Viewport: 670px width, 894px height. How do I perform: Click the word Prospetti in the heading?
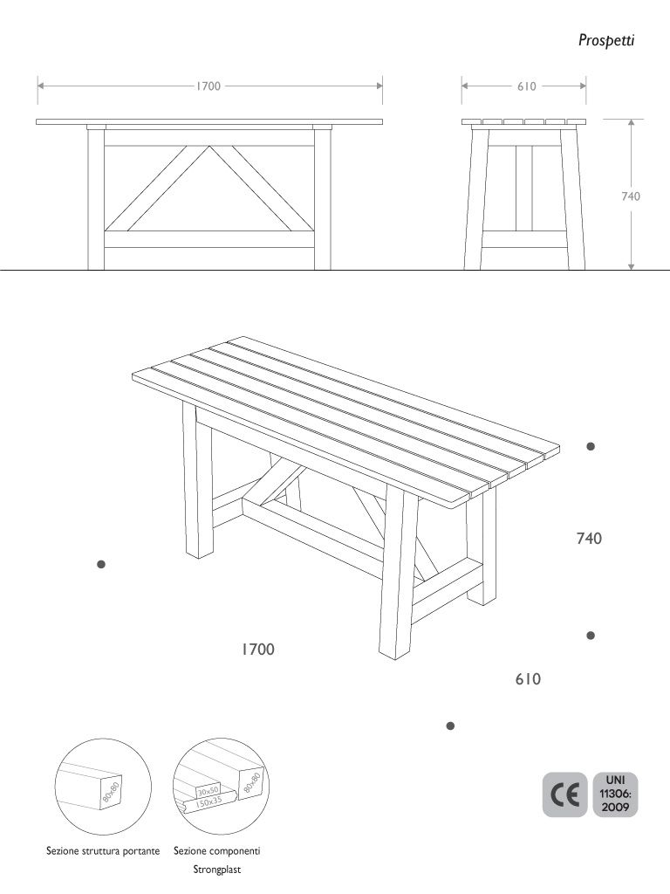coord(605,40)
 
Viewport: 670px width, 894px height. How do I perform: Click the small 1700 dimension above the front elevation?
coord(208,86)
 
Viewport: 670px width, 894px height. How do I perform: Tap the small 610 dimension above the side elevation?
coord(525,86)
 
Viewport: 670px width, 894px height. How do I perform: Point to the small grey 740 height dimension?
coord(631,196)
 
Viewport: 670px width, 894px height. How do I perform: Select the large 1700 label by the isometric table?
coord(258,650)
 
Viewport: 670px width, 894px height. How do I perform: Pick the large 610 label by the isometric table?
coord(528,678)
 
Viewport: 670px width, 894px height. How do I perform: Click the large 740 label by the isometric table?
coord(589,540)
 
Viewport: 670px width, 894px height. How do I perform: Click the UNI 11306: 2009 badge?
coord(614,794)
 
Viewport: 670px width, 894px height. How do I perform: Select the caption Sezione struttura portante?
coord(103,850)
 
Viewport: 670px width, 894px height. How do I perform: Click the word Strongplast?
coord(217,870)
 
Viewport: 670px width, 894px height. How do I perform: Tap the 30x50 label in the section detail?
coord(209,789)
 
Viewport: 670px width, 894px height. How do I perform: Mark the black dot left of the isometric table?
coord(101,565)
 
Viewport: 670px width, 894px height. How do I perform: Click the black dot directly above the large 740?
coord(591,446)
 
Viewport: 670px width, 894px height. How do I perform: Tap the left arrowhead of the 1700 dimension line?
coord(40,86)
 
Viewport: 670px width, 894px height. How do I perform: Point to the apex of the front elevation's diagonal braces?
coord(208,147)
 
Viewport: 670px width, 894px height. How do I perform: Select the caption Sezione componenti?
coord(217,850)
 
